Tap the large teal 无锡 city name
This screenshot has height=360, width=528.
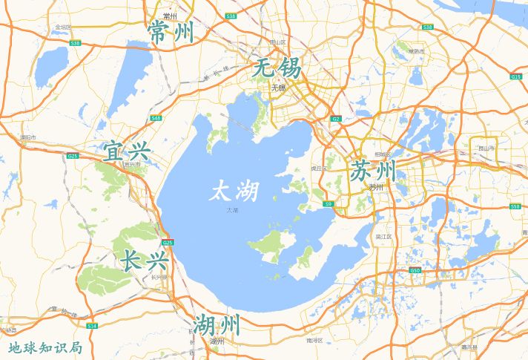277,69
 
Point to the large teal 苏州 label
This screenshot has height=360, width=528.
374,170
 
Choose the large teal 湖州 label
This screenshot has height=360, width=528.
217,324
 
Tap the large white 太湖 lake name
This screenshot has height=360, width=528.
235,192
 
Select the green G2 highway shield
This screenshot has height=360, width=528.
336,119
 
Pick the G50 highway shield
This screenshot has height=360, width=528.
415,271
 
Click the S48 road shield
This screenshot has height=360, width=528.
155,118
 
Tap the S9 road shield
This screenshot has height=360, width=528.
327,202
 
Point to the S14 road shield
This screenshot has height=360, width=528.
92,326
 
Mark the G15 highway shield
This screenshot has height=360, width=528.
515,76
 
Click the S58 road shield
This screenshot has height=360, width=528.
515,206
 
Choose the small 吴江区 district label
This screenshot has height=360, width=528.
383,236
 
